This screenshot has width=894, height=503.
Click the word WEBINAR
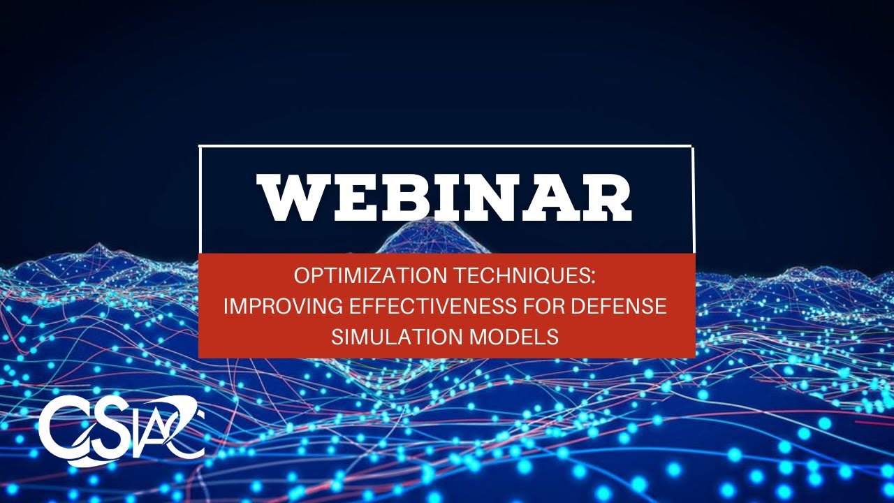(x=446, y=199)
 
